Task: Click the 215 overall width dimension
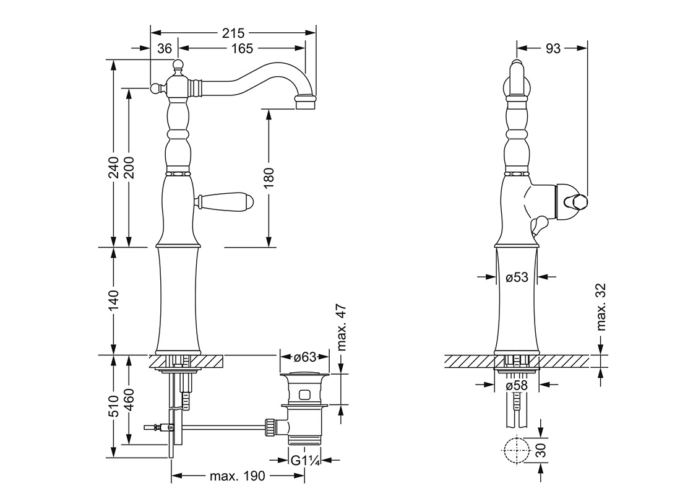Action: (234, 33)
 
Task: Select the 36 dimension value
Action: (163, 48)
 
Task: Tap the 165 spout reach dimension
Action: (241, 48)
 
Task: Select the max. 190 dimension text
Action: (238, 476)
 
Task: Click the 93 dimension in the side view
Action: (553, 48)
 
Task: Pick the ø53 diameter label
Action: (517, 277)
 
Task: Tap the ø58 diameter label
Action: (517, 385)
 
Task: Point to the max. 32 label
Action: (603, 308)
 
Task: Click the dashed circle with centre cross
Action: (517, 450)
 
